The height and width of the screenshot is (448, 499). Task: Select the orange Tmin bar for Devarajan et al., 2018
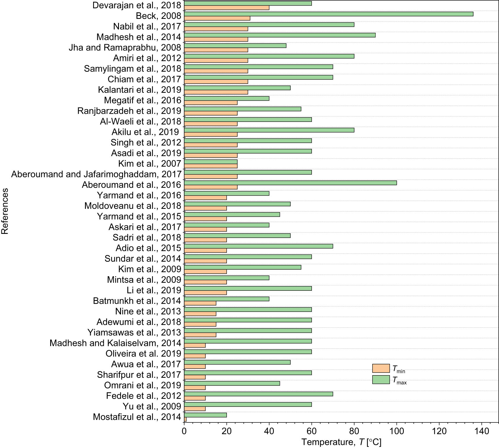[227, 8]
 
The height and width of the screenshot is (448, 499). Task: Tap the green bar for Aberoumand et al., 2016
[290, 183]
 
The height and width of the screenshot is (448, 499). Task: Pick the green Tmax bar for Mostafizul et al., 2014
[205, 415]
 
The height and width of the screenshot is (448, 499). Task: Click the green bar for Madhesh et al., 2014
[280, 35]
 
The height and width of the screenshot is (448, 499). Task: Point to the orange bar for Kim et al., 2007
[211, 166]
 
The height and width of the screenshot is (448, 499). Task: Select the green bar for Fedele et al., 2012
[258, 394]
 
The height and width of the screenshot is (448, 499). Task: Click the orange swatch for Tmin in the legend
[381, 368]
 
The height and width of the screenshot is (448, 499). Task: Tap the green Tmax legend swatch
[381, 380]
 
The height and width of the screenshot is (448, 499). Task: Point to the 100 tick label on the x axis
[397, 431]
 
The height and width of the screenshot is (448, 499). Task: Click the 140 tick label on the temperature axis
[482, 431]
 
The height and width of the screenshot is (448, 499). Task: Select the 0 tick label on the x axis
[184, 431]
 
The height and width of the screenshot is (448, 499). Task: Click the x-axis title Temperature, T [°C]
[341, 442]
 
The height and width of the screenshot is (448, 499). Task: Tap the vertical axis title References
[5, 211]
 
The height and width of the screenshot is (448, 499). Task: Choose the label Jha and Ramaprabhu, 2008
[125, 47]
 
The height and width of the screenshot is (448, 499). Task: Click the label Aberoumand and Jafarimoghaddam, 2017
[96, 174]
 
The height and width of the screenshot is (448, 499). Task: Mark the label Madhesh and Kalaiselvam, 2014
[115, 343]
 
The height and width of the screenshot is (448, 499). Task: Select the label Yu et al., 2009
[152, 406]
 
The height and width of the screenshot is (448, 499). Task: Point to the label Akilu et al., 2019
[145, 132]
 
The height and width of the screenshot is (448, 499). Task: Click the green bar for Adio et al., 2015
[258, 246]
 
